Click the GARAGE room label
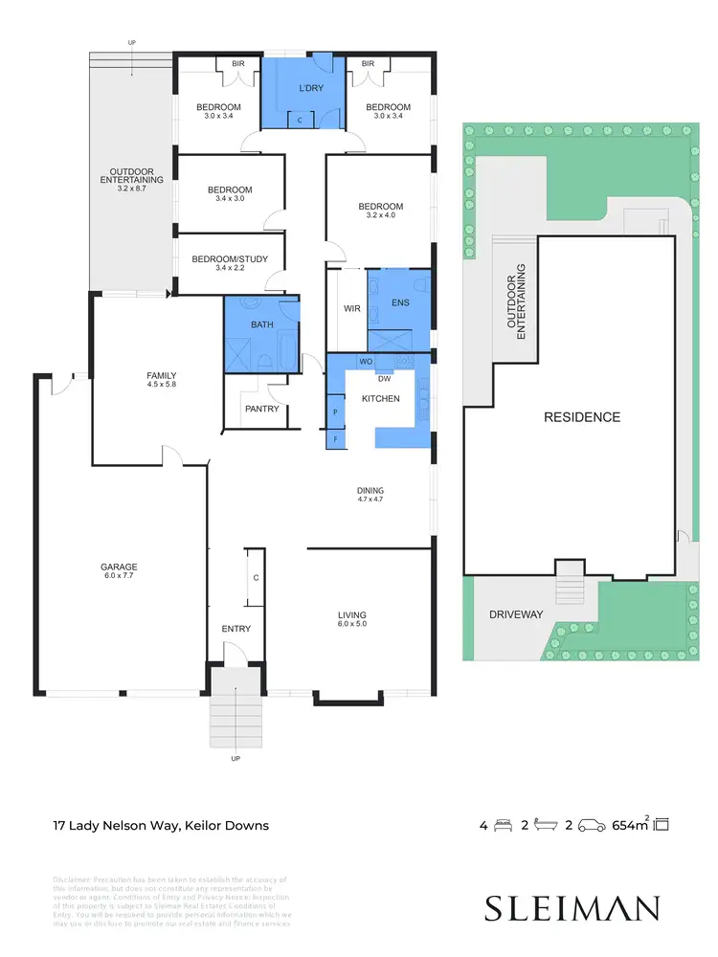point(120,567)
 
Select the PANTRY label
point(261,409)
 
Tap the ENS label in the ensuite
point(401,302)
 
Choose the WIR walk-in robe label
point(351,309)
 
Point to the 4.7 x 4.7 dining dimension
point(370,500)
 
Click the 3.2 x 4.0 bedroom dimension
point(380,216)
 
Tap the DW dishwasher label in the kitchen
point(384,378)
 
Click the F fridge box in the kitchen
point(335,439)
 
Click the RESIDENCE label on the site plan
point(582,417)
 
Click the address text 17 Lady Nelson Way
point(160,825)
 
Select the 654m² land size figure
point(631,824)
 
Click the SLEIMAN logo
point(572,906)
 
